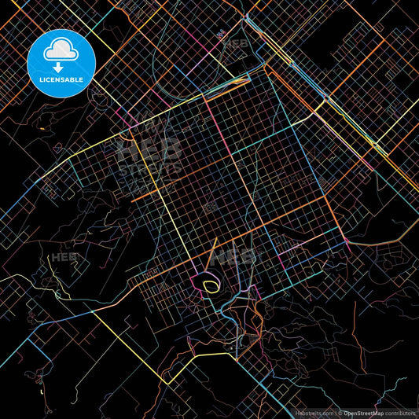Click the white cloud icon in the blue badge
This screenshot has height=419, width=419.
pyautogui.click(x=61, y=48)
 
